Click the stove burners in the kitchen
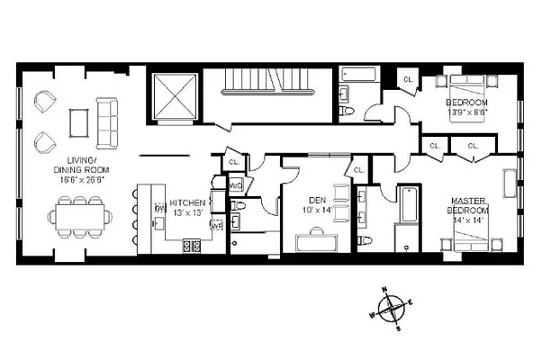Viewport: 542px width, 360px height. click(x=192, y=245)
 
